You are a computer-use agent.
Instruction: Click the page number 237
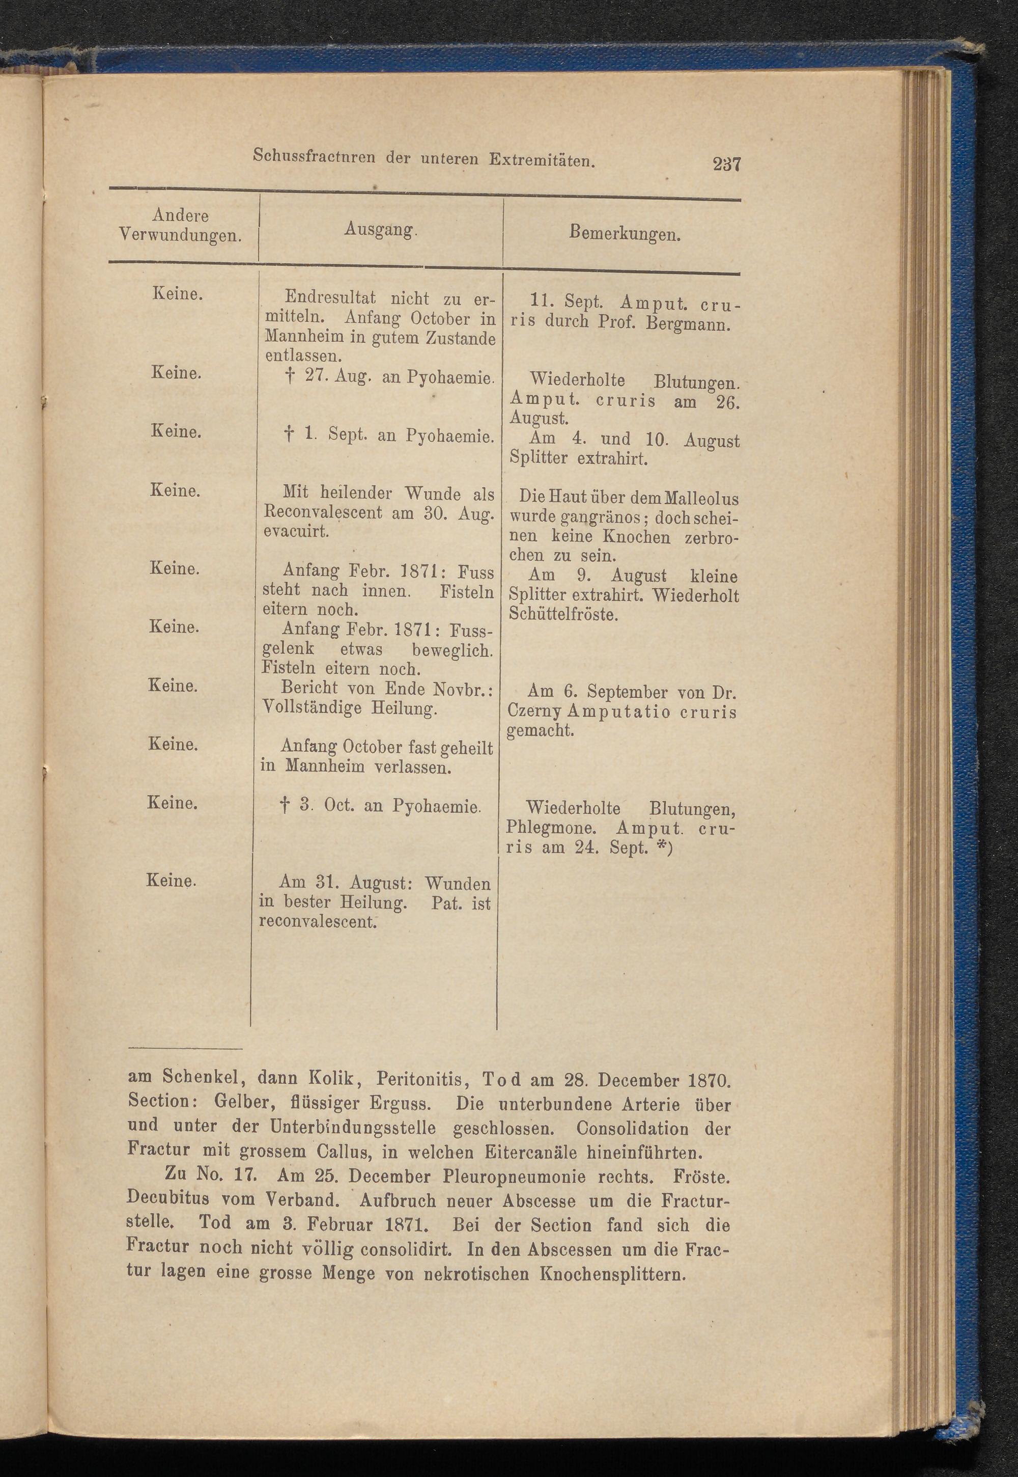pyautogui.click(x=726, y=165)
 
